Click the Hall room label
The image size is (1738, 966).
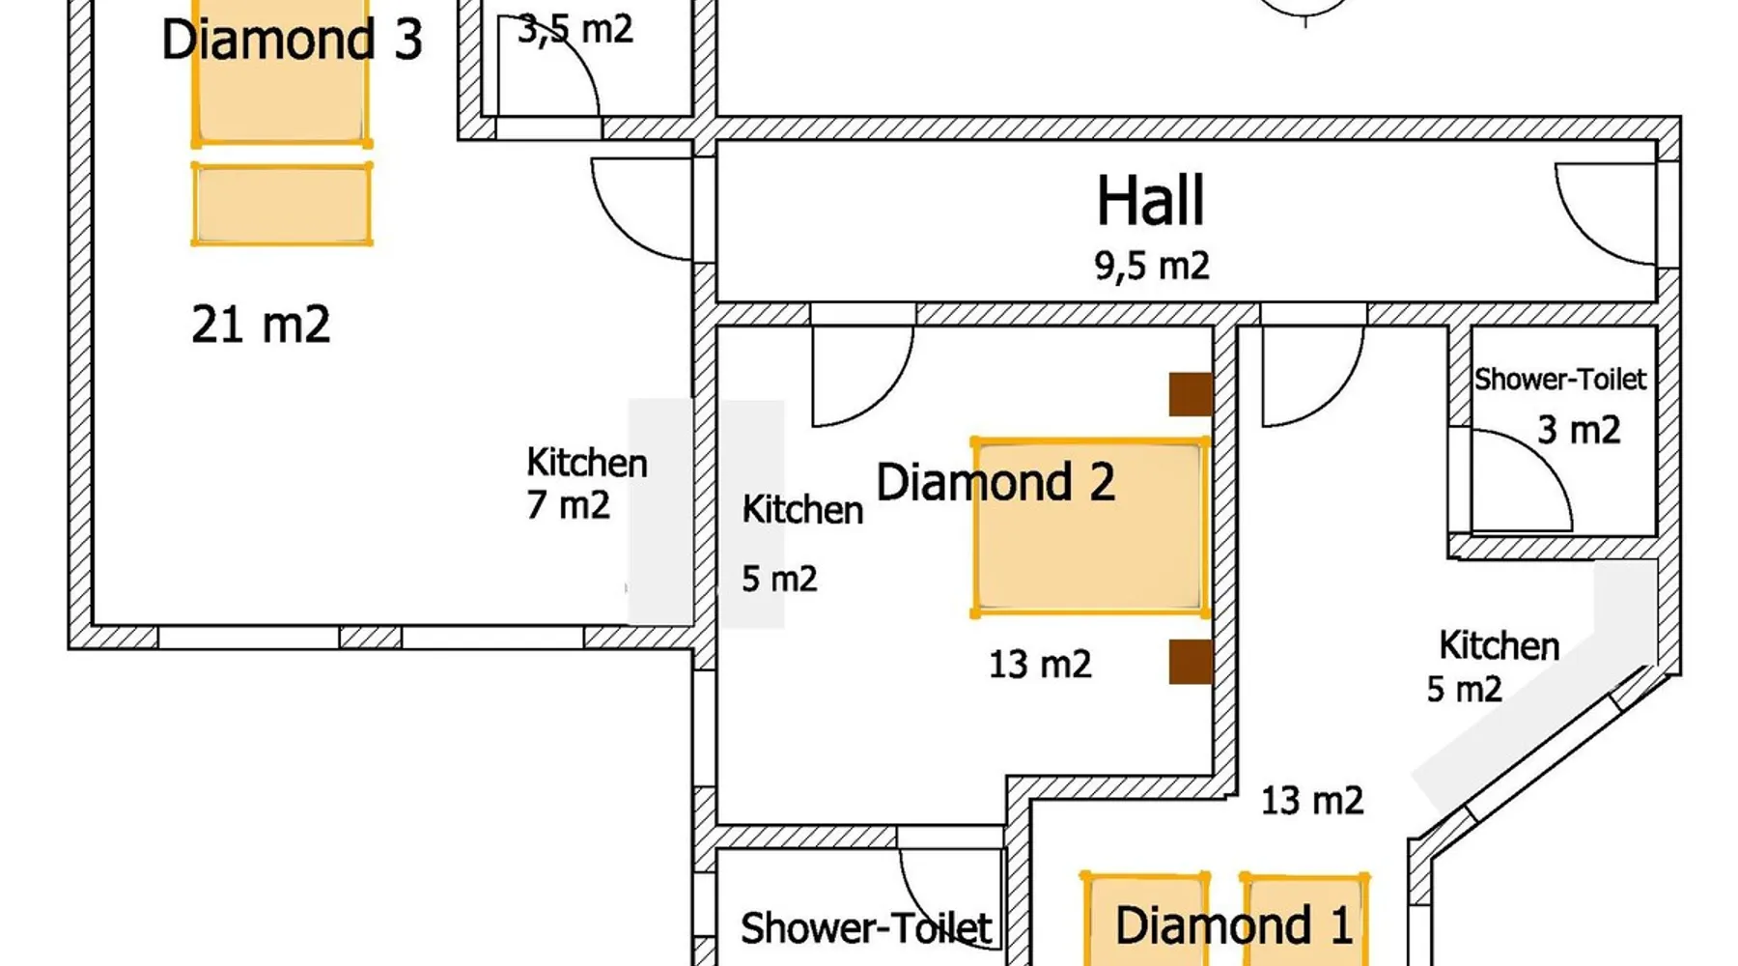point(1151,201)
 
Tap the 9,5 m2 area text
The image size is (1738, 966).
point(1151,265)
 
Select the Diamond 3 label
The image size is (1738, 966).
point(292,40)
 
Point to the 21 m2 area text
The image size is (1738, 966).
point(261,325)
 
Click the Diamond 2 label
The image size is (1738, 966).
point(995,482)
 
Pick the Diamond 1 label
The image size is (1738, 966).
point(1233,925)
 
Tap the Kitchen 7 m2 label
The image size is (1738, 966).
point(586,484)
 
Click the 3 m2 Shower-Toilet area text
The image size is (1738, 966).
point(1579,430)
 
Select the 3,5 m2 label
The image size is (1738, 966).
point(575,30)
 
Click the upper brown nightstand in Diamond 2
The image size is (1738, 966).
point(1191,394)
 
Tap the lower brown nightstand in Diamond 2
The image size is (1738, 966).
point(1191,662)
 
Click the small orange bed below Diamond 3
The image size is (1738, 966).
point(282,204)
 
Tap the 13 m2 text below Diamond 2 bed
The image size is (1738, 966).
point(1040,665)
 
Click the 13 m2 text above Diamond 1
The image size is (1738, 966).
point(1312,801)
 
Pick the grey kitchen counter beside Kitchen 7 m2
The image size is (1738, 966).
point(660,512)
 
